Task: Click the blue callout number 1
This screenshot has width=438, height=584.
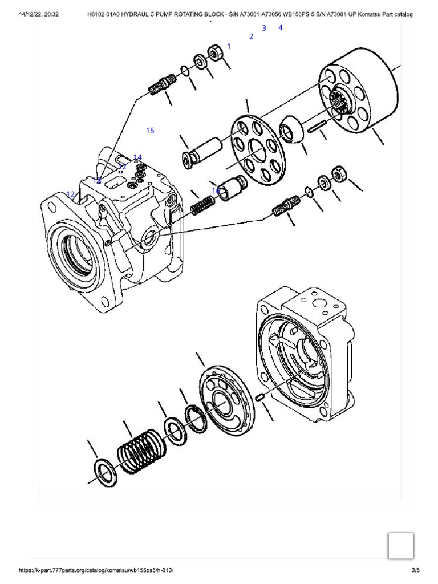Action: pos(229,46)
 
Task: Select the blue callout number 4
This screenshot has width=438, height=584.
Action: pos(280,27)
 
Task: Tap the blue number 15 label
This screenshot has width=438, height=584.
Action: pos(150,131)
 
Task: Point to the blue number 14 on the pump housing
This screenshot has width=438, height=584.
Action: pos(137,157)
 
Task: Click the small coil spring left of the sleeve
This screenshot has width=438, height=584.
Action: pos(202,204)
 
